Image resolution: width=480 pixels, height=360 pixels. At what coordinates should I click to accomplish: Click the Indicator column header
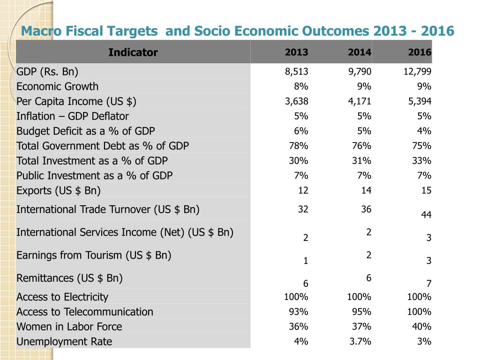pyautogui.click(x=133, y=52)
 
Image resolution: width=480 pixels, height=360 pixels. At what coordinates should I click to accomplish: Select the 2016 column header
pyautogui.click(x=420, y=52)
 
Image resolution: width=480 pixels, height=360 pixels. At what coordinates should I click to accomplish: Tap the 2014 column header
pyautogui.click(x=360, y=52)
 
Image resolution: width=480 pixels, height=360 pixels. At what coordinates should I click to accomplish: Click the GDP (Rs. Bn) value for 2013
pyautogui.click(x=297, y=72)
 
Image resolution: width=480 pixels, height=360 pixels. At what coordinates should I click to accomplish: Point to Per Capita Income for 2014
pyautogui.click(x=360, y=101)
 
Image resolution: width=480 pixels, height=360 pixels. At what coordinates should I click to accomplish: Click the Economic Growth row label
pyautogui.click(x=58, y=86)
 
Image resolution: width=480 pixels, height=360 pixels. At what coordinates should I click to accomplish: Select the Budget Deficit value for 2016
pyautogui.click(x=424, y=131)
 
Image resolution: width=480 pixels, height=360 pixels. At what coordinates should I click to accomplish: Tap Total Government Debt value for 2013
pyautogui.click(x=299, y=146)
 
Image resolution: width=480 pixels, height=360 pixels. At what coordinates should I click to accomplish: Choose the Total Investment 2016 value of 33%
pyautogui.click(x=422, y=161)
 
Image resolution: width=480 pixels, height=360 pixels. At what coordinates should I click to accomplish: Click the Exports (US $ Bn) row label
pyautogui.click(x=59, y=191)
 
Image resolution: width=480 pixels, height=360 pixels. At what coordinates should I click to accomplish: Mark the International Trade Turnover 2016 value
pyautogui.click(x=427, y=215)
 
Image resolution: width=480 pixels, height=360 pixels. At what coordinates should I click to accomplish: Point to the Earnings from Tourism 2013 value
pyautogui.click(x=306, y=261)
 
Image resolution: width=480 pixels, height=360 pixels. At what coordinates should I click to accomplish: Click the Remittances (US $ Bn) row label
pyautogui.click(x=69, y=278)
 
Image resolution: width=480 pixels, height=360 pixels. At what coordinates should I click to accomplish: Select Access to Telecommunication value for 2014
pyautogui.click(x=362, y=312)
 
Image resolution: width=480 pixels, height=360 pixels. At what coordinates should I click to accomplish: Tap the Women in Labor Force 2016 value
pyautogui.click(x=422, y=327)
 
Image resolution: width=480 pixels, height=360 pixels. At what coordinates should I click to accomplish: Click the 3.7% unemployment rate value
pyautogui.click(x=360, y=342)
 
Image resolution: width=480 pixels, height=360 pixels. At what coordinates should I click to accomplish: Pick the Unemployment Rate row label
pyautogui.click(x=64, y=342)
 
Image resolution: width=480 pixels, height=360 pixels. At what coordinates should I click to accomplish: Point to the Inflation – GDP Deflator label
pyautogui.click(x=73, y=116)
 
